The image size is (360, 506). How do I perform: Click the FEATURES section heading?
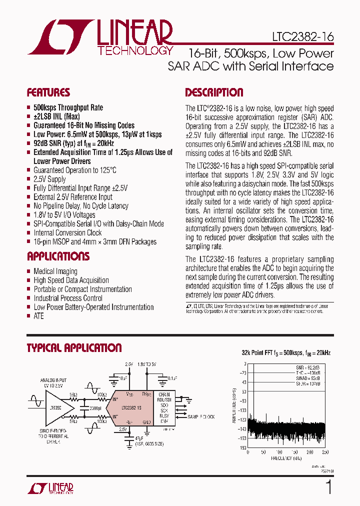click(x=48, y=92)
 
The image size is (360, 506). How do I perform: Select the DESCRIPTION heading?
click(x=214, y=92)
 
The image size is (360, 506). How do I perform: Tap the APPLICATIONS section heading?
click(x=58, y=256)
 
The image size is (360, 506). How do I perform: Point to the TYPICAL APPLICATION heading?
click(x=74, y=348)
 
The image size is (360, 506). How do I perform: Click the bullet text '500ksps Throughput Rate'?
click(x=68, y=107)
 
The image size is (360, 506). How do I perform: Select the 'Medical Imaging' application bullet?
click(x=55, y=271)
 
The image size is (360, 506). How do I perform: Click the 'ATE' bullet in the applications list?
click(x=38, y=316)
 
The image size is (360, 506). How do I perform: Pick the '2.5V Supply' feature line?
click(x=49, y=179)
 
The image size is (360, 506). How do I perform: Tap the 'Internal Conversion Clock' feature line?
click(x=67, y=233)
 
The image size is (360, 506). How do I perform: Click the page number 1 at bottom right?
click(x=328, y=486)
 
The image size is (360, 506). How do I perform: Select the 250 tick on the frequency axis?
click(x=325, y=452)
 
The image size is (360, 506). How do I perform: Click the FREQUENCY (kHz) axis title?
click(x=286, y=458)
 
